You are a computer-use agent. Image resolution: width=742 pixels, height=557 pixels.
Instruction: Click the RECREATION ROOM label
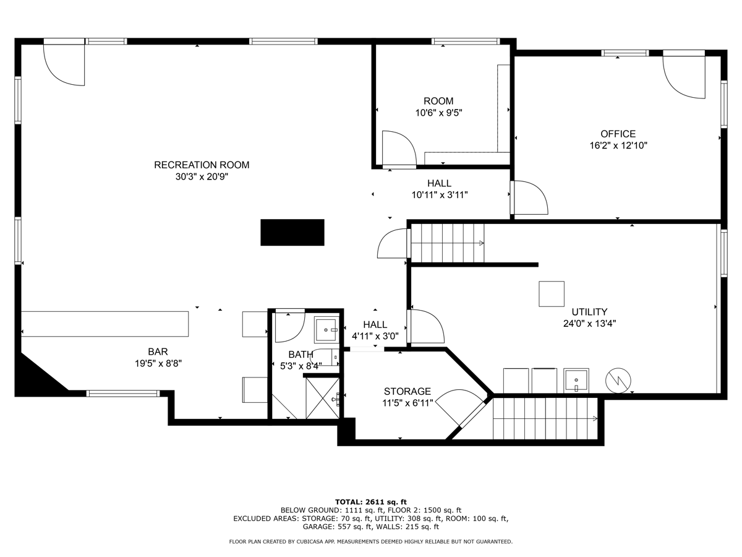202,165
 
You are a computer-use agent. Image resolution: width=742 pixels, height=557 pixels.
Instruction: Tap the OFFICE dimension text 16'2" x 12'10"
618,145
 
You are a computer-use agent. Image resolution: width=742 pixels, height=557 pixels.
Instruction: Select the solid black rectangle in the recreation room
292,232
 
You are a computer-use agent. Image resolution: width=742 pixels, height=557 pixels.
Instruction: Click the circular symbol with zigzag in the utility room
618,381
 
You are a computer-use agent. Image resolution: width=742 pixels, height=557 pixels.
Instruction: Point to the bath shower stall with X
323,398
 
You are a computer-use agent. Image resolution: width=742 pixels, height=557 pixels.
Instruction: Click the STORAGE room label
407,391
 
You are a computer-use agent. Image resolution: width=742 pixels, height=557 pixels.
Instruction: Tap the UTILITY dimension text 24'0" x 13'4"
589,324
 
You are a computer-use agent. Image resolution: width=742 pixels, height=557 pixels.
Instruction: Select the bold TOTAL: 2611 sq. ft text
371,502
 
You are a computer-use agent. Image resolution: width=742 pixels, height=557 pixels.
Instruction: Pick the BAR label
158,352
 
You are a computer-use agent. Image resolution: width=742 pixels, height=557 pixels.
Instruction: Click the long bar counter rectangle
104,324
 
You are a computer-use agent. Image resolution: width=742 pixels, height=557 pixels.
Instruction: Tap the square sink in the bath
326,329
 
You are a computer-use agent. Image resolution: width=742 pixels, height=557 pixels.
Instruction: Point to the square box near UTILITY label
552,294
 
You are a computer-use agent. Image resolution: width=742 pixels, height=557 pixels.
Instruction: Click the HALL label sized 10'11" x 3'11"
439,183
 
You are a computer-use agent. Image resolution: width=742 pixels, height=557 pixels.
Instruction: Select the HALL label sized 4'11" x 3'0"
375,325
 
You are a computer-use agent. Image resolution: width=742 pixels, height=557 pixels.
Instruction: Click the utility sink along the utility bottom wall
576,381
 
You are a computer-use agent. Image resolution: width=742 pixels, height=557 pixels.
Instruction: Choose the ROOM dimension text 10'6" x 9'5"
438,113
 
